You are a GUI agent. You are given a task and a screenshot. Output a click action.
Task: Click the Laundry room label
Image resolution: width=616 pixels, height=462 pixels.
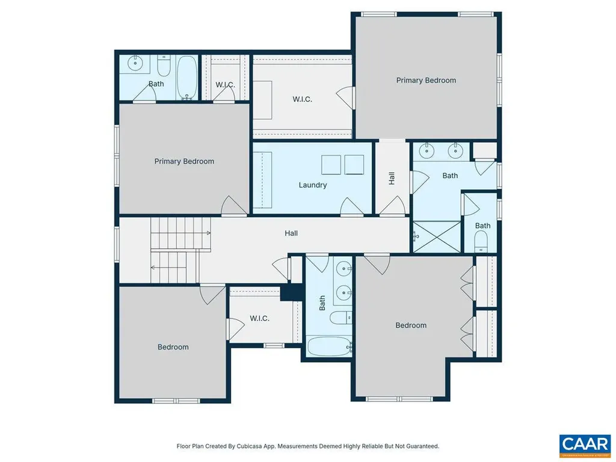[313, 185]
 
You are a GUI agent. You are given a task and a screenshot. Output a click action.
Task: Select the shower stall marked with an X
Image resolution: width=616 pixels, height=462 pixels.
[437, 236]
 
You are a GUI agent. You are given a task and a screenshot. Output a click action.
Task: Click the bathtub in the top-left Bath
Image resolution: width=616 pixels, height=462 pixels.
[186, 78]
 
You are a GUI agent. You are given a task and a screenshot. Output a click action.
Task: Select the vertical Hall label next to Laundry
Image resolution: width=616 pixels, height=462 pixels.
[392, 178]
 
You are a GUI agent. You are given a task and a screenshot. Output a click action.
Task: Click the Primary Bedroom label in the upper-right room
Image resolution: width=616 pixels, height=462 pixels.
[426, 80]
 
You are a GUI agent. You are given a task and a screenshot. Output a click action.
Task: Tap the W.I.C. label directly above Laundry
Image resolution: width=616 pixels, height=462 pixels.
[302, 99]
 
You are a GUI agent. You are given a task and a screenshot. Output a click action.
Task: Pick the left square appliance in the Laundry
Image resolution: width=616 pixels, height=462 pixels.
[331, 164]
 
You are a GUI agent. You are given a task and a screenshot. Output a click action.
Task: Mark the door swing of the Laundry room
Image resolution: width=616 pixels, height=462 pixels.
[348, 207]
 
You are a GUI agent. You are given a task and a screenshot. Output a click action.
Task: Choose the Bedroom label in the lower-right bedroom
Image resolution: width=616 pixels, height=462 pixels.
[411, 325]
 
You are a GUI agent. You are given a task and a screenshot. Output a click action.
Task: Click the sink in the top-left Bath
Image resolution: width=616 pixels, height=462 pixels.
[136, 62]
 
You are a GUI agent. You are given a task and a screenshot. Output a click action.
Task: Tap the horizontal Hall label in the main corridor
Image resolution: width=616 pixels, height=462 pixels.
[291, 233]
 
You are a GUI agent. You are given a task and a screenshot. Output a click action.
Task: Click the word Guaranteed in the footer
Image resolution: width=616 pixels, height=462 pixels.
[419, 446]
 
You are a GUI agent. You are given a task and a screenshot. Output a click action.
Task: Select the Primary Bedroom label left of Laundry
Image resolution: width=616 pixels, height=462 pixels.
[184, 161]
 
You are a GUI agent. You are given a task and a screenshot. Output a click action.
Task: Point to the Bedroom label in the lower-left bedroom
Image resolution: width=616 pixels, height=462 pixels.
[173, 346]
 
